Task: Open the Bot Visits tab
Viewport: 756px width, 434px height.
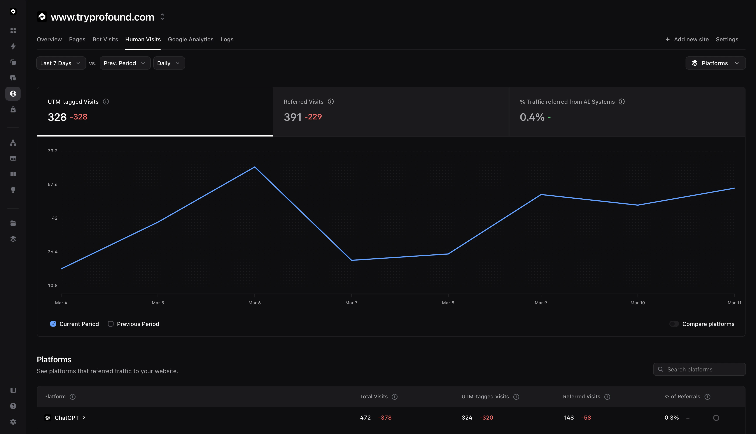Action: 105,39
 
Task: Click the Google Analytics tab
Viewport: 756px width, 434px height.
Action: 190,39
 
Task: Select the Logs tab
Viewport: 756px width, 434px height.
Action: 227,39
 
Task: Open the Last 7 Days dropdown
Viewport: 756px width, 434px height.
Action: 61,63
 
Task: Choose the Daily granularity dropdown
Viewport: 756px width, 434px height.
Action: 169,63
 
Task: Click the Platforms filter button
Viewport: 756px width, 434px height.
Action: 715,63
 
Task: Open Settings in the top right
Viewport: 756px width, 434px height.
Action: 727,39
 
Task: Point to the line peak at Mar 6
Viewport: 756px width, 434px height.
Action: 254,167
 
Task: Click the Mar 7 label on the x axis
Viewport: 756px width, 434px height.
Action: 351,303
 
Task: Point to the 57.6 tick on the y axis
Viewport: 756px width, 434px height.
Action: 53,184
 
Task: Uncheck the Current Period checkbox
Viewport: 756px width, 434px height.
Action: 53,324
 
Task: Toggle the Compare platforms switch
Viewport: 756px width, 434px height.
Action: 674,324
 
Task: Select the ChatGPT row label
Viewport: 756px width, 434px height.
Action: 67,418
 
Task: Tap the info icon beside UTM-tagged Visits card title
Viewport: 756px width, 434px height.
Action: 106,102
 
